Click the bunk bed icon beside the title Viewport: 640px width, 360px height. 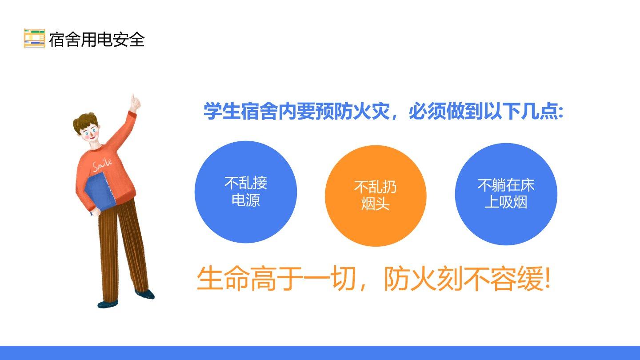[x=34, y=38]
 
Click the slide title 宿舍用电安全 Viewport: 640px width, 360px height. [x=97, y=40]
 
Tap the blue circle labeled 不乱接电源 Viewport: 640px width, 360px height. [x=246, y=192]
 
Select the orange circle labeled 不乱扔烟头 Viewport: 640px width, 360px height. [x=376, y=196]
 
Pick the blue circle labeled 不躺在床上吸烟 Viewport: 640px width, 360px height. [x=506, y=194]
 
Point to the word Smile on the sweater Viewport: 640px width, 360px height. [x=102, y=164]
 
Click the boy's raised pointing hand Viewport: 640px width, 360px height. [x=135, y=104]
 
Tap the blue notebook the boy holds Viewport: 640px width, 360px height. [x=99, y=192]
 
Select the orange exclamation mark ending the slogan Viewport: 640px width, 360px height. [x=547, y=277]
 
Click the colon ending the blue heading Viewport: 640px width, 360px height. [x=561, y=112]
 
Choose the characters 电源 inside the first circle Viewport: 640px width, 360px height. [x=246, y=200]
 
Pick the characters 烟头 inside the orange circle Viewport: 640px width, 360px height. [x=376, y=204]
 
